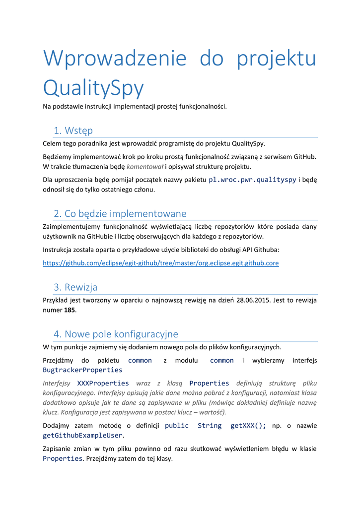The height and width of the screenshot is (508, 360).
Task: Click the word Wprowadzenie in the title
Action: tap(115, 58)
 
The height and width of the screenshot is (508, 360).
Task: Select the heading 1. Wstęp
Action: tap(73, 130)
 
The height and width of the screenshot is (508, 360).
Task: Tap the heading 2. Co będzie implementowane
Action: tap(120, 213)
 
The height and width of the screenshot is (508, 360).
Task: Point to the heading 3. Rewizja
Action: tap(75, 287)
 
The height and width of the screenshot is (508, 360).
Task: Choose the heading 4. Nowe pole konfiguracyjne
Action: tap(116, 333)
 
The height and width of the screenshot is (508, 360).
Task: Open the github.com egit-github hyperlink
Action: tap(161, 263)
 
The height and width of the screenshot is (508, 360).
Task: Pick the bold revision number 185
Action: tap(70, 310)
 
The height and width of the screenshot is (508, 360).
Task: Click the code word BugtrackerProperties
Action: tap(82, 370)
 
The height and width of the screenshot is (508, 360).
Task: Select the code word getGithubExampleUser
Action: tap(82, 435)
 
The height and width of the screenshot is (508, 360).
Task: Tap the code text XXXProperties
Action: tap(103, 383)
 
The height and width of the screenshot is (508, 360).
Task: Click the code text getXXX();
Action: tap(248, 426)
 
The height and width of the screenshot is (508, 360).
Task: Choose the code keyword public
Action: tap(177, 426)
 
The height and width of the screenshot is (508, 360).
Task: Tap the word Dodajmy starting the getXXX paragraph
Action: tap(56, 426)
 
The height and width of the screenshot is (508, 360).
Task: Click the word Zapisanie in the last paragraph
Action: tap(58, 449)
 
